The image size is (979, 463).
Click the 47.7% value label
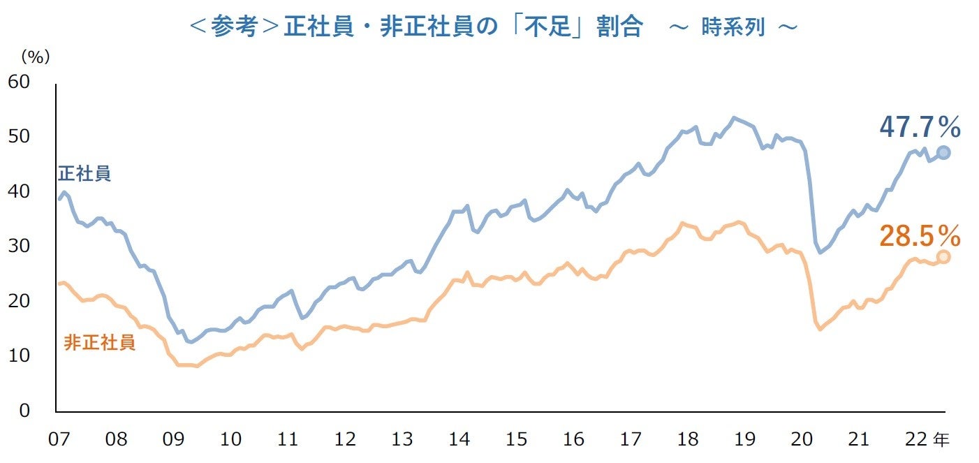(x=920, y=128)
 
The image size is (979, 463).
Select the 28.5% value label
(x=920, y=236)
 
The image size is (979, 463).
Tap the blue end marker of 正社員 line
(x=943, y=153)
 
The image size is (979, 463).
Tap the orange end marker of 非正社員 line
(x=943, y=257)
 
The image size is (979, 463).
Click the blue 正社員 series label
(x=84, y=174)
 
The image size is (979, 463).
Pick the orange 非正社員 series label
(x=99, y=343)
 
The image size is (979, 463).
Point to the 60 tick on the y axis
(x=19, y=82)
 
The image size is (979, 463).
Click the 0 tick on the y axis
(x=24, y=411)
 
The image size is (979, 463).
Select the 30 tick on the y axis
(x=19, y=247)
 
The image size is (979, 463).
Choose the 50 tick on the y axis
(x=19, y=136)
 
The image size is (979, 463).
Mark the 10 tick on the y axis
(x=19, y=356)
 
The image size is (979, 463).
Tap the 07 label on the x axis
(x=59, y=440)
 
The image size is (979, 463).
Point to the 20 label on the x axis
(x=801, y=440)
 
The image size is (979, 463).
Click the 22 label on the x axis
(x=915, y=440)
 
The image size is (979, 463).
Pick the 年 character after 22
(x=941, y=440)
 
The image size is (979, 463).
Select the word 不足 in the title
(x=554, y=27)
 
